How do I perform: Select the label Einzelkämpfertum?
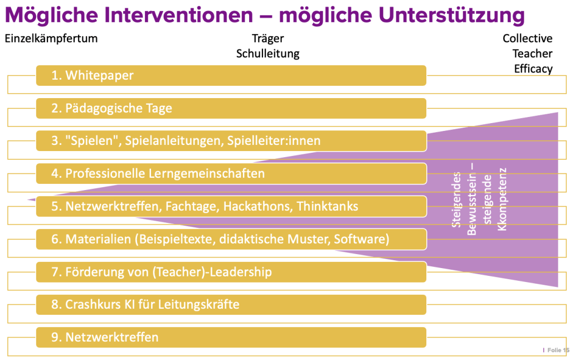[x=51, y=38]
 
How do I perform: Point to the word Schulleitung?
[x=268, y=54]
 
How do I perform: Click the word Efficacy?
[x=533, y=69]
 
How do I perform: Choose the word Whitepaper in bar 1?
[x=100, y=76]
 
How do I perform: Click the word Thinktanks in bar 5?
[x=328, y=207]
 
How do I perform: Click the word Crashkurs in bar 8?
[x=93, y=304]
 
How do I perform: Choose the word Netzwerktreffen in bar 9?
[x=112, y=338]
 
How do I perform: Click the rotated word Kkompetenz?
[x=502, y=200]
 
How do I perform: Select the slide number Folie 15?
[x=558, y=350]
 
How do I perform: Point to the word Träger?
[x=268, y=39]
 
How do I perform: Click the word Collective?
[x=528, y=38]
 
